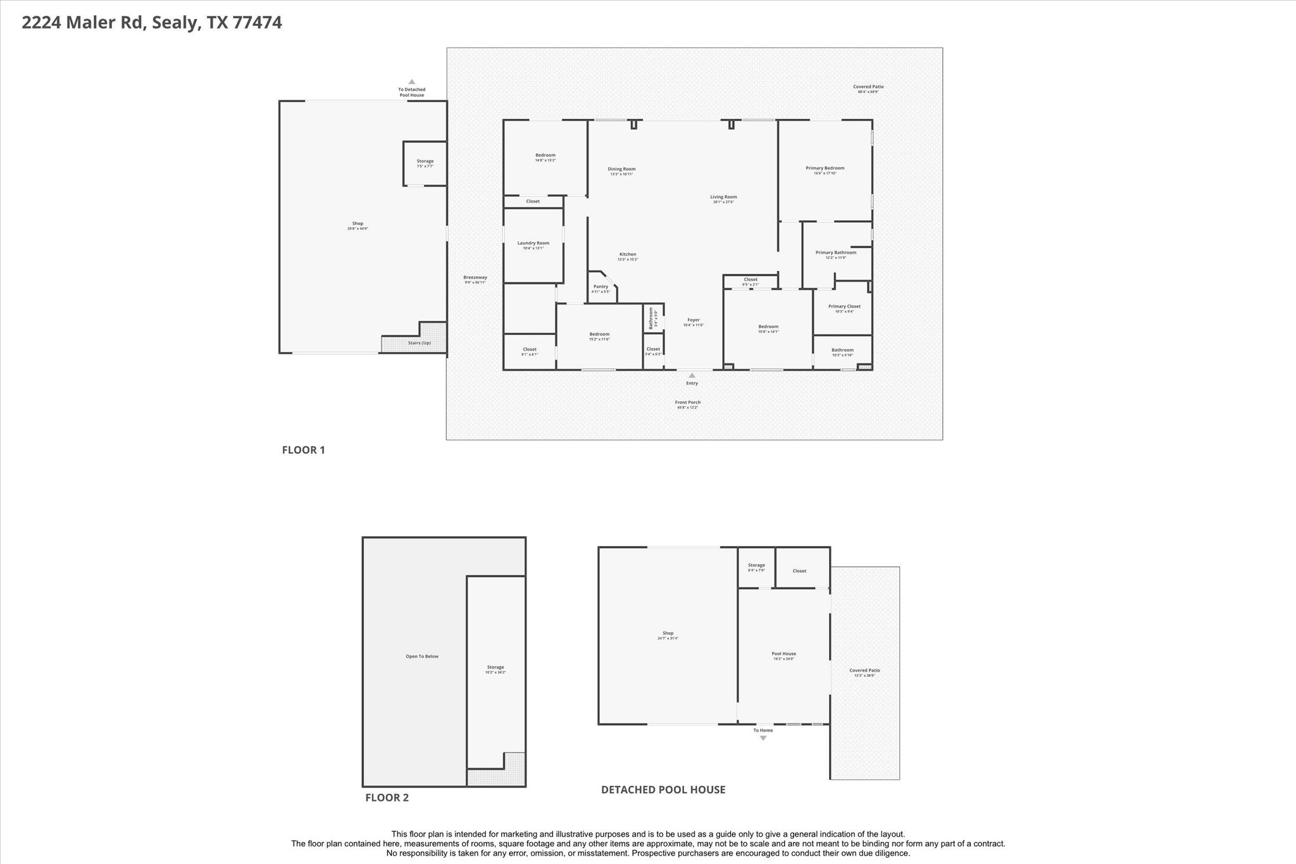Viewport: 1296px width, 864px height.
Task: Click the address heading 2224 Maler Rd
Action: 151,23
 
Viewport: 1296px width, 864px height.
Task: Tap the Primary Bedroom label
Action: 825,168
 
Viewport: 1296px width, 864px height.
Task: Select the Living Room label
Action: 723,197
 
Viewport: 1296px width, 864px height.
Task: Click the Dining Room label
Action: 621,169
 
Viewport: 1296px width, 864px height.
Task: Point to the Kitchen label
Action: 627,254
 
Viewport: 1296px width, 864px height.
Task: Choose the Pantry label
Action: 601,287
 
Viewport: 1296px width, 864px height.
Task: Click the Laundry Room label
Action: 533,243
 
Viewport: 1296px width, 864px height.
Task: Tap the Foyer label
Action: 694,320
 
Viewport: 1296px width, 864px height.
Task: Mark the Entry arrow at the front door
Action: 692,376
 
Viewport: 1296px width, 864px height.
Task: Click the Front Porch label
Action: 687,403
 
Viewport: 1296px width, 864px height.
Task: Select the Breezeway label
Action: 475,277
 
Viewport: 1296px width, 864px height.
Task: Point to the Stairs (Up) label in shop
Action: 419,343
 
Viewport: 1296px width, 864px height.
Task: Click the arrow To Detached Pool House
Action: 411,82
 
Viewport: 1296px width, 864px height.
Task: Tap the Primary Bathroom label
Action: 835,253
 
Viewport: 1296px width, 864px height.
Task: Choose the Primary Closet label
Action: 844,306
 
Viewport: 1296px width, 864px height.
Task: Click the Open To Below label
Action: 422,656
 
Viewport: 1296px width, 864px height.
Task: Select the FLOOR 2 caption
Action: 387,798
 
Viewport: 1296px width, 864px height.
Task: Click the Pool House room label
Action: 783,654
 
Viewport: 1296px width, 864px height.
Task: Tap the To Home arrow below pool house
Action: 763,737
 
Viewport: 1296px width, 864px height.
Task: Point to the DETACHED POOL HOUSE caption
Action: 663,789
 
